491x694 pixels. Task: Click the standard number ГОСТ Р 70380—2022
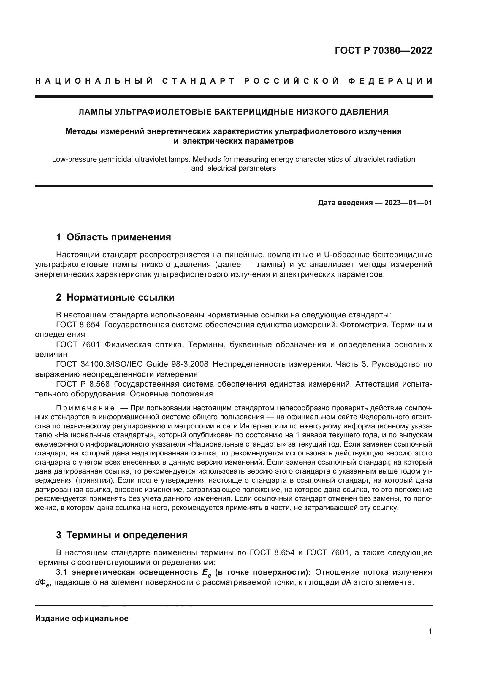pos(383,50)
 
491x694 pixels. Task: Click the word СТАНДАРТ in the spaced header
pos(199,81)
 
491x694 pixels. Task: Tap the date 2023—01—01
pos(408,203)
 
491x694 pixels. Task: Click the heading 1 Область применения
pos(113,237)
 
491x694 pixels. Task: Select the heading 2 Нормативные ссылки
pos(115,297)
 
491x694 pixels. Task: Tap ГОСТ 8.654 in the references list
pos(78,325)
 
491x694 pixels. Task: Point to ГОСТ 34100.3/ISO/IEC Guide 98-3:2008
pos(132,364)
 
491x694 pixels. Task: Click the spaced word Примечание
pos(85,408)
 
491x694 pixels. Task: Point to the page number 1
pos(430,631)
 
